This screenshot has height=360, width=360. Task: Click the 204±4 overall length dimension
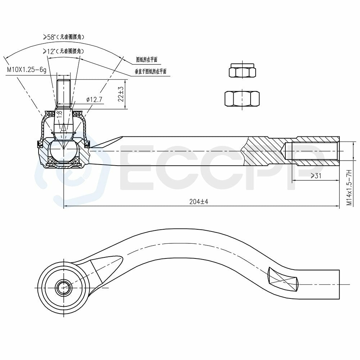click(199, 202)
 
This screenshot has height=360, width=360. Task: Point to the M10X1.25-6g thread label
click(26, 69)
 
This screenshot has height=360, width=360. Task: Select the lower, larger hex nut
click(242, 98)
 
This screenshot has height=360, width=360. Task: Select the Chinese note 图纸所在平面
click(147, 59)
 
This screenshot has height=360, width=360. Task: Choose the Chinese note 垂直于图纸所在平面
click(150, 71)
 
